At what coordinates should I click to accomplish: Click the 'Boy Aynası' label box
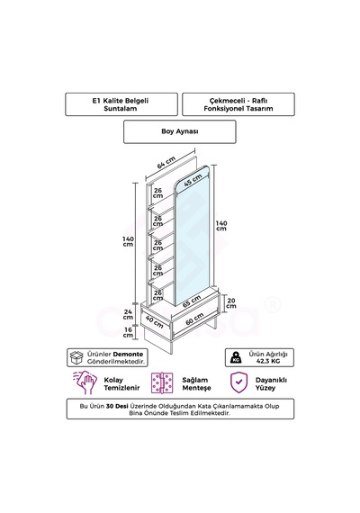pos(180,131)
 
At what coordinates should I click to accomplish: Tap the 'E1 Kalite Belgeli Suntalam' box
pos(121,104)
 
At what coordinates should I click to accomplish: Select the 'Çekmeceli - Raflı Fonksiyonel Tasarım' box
pos(238,104)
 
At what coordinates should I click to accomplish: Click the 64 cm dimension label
pos(166,163)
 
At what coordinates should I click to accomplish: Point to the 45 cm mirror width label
pos(193,180)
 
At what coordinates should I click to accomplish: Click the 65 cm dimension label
pos(192,301)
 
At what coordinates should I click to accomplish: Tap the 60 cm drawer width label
pos(194,319)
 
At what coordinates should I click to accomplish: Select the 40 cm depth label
pos(154,321)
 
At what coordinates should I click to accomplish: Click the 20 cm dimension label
pos(231,303)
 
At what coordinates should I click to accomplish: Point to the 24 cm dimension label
pos(128,314)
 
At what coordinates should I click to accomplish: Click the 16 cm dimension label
pos(128,332)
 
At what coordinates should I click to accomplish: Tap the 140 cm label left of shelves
pos(128,242)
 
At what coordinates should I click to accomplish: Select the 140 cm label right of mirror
pos(221,226)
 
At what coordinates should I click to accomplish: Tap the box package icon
pos(76,357)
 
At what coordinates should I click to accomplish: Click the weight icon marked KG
pos(236,357)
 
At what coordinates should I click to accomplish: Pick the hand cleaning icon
pos(85,382)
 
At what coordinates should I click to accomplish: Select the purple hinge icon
pos(162,382)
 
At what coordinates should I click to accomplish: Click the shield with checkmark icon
pos(239,382)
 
